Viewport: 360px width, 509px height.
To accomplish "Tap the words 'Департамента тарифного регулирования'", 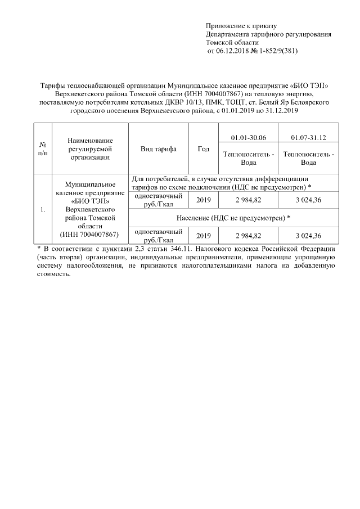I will click(x=268, y=34).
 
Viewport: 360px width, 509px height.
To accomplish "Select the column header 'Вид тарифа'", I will click(x=159, y=149).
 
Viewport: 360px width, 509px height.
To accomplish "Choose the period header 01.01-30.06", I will click(x=249, y=137).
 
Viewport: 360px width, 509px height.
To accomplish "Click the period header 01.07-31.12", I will click(x=308, y=137).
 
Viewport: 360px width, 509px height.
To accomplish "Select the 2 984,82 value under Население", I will click(x=249, y=235).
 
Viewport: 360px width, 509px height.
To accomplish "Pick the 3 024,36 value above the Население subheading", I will click(x=308, y=200).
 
